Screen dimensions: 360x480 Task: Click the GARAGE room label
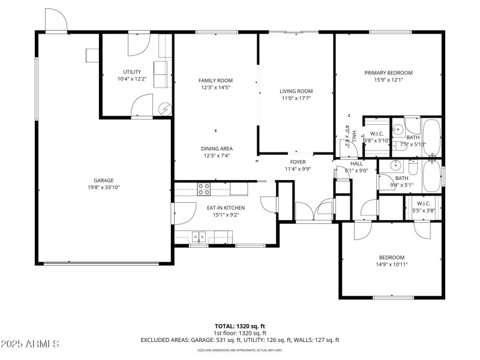tap(103, 180)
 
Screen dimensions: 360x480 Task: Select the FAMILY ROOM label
tap(215, 80)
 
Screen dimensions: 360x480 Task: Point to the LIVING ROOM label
tap(296, 91)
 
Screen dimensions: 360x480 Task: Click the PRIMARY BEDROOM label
tap(388, 73)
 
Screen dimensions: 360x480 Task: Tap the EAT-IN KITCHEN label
tap(226, 208)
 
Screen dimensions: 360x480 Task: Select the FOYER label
tap(298, 161)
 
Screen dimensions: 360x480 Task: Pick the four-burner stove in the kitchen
tap(204, 189)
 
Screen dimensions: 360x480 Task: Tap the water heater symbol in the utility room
tap(164, 109)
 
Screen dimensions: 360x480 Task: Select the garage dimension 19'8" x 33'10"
tap(103, 187)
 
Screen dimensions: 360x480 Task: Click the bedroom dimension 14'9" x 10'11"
tap(392, 264)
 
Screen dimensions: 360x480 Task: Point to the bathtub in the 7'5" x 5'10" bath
tap(431, 137)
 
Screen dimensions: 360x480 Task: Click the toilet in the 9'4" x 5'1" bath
tap(413, 165)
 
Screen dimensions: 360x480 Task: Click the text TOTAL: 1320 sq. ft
tap(239, 326)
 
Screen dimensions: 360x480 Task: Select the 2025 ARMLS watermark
tap(30, 344)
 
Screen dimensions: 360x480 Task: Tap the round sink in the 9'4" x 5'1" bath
tap(395, 166)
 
